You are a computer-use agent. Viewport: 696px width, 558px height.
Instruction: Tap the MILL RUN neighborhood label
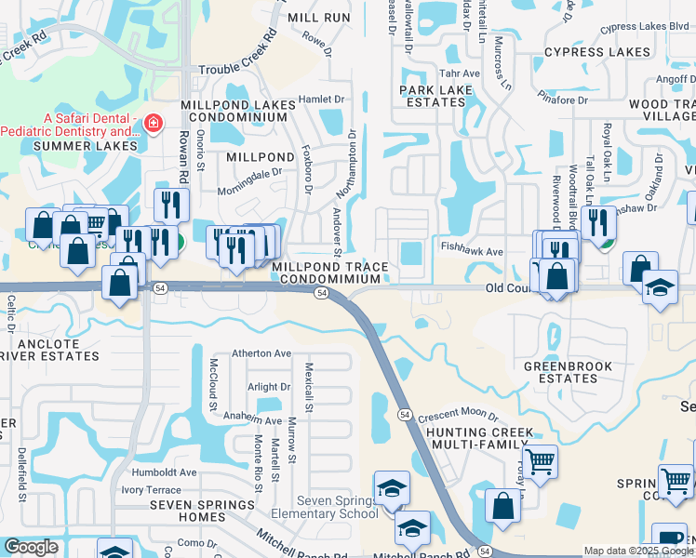(x=319, y=18)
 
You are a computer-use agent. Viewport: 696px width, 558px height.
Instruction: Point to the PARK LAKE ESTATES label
(x=432, y=97)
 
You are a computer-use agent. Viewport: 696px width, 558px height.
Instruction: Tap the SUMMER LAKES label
(x=86, y=146)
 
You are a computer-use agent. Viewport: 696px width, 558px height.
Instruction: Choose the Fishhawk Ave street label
(x=472, y=251)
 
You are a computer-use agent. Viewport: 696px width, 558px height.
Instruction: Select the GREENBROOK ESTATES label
(x=568, y=373)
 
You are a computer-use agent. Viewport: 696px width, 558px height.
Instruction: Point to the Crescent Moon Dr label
(x=458, y=418)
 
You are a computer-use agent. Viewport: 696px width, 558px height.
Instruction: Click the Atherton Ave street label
(x=261, y=353)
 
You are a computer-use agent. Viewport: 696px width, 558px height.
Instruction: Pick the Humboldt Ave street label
(x=164, y=472)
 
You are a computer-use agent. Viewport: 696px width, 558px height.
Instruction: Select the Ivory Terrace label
(x=151, y=489)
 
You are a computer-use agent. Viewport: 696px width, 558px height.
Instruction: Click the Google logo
(x=32, y=547)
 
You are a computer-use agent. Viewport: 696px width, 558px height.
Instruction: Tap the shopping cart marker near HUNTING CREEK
(x=540, y=461)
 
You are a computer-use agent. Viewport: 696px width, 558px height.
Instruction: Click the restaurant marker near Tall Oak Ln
(x=597, y=223)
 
